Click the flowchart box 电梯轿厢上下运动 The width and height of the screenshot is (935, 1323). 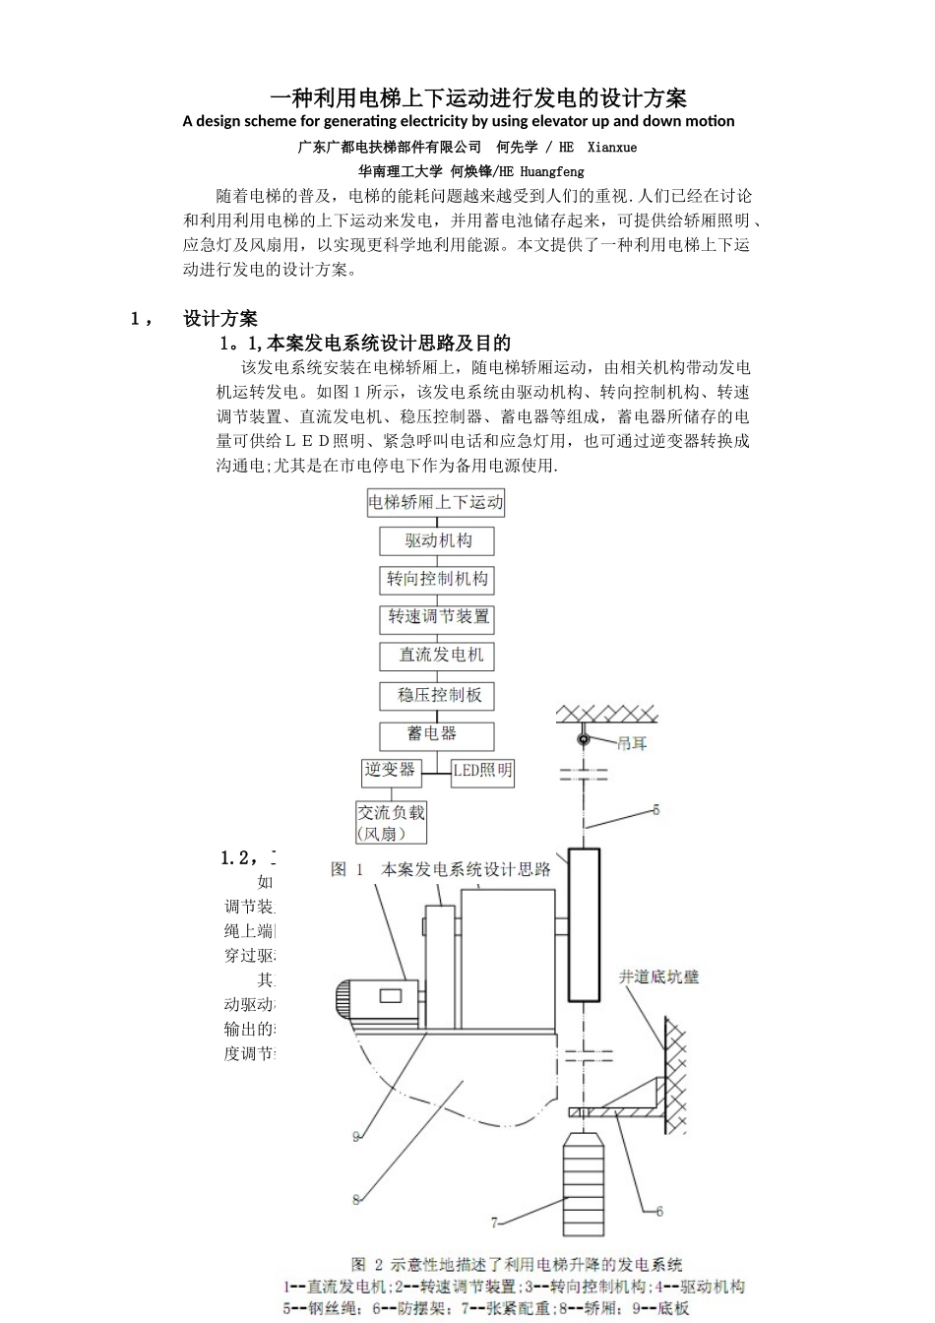[x=436, y=502]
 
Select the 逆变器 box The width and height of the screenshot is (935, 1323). [x=391, y=770]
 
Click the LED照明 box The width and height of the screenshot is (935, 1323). [x=482, y=771]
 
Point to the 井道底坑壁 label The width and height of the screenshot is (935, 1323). [x=658, y=976]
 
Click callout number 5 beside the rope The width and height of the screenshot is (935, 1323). [x=656, y=810]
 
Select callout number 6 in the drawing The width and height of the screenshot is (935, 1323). [x=658, y=1211]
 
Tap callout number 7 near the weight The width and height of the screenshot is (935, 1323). [x=495, y=1224]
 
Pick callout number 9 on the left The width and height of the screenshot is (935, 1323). [x=356, y=1137]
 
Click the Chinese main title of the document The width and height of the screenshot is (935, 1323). [x=478, y=97]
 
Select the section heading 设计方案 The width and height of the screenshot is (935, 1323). [x=220, y=318]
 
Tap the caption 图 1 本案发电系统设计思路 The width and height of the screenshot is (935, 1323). [x=441, y=869]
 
